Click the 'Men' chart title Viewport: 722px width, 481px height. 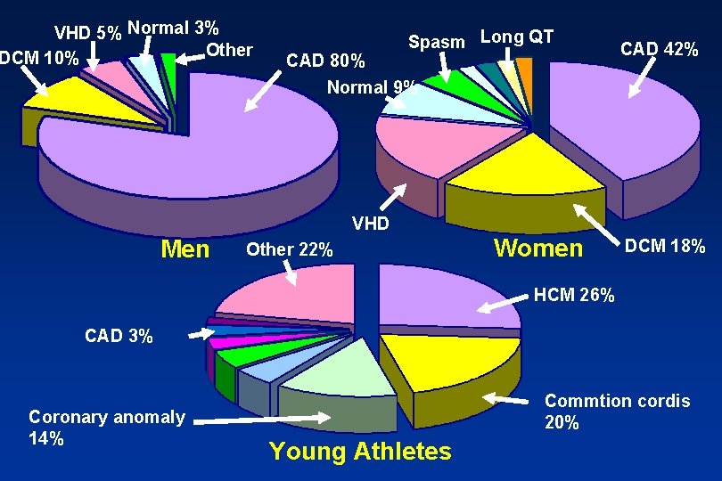[185, 249]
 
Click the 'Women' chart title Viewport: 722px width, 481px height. [538, 249]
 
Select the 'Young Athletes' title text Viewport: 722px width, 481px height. [360, 452]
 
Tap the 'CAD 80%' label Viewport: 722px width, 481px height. [324, 61]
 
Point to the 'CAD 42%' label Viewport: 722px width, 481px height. [659, 49]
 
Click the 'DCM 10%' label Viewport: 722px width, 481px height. [40, 59]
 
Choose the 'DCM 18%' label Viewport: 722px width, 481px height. [664, 246]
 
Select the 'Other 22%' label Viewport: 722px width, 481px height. [290, 250]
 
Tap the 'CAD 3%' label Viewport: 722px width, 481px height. [119, 336]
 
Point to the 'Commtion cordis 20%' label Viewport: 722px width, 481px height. [617, 412]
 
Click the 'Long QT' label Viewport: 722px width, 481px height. [516, 37]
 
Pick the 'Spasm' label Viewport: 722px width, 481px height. [436, 42]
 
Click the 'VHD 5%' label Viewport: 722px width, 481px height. [88, 34]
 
